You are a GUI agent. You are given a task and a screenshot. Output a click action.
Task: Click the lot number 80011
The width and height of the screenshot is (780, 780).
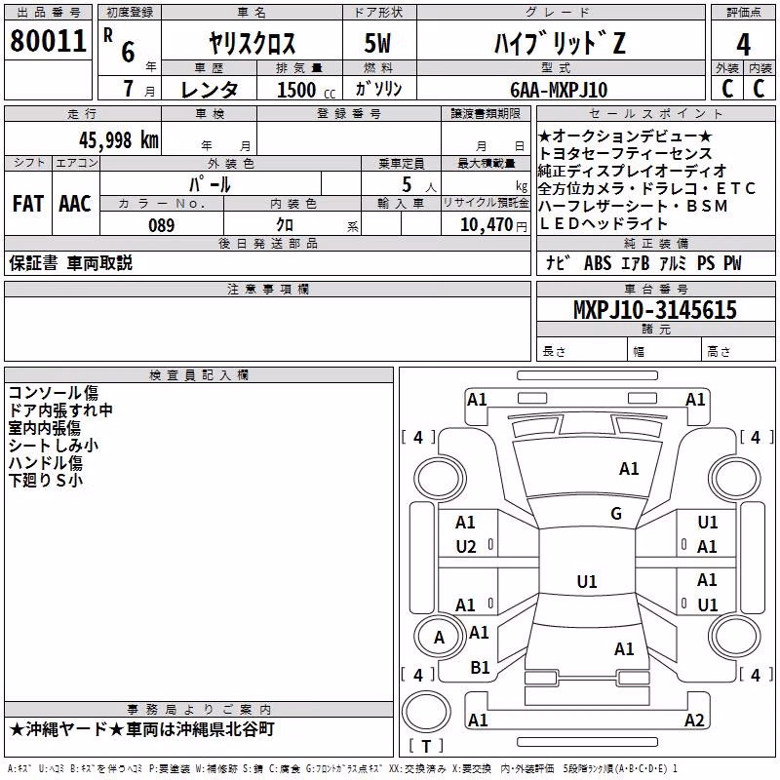(x=48, y=40)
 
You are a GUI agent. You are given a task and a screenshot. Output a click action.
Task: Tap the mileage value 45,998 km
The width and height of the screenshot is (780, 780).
(x=119, y=140)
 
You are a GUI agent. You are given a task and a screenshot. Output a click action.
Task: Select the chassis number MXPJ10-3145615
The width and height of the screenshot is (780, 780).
(x=654, y=309)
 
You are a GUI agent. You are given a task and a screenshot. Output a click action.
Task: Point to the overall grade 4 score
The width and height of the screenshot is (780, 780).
(x=743, y=44)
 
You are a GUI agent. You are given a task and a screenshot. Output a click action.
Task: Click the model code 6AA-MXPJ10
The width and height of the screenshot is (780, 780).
(x=559, y=90)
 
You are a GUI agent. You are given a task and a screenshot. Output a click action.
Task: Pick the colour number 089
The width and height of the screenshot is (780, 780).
(x=162, y=225)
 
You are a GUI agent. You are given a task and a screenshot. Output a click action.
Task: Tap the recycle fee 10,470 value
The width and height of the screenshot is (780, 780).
(x=486, y=224)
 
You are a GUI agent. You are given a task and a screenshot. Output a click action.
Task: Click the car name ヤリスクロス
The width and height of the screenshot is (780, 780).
(x=252, y=43)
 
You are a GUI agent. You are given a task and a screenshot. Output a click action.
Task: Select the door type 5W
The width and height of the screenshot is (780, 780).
(x=377, y=43)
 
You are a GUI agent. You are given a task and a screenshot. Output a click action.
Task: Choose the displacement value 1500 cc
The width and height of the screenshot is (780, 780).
(x=306, y=90)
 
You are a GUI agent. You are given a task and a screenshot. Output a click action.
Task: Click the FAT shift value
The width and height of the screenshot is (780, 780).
(x=28, y=204)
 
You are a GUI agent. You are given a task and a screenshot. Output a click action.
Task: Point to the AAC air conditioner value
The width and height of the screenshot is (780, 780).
(x=75, y=204)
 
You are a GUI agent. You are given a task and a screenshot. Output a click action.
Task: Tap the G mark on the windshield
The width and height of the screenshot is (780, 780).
(x=616, y=513)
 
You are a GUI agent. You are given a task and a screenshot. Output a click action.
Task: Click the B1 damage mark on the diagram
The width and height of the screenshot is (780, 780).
(x=480, y=668)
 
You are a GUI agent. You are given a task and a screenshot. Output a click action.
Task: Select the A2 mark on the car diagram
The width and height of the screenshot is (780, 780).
(x=694, y=720)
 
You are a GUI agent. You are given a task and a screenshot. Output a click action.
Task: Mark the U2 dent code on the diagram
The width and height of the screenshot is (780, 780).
(x=466, y=547)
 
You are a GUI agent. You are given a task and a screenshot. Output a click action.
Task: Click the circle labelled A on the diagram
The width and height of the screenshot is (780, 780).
(x=439, y=638)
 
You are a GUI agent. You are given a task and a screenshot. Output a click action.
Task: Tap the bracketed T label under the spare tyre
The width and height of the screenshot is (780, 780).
(x=426, y=746)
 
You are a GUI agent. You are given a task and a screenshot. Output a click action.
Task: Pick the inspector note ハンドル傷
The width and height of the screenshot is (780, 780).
(x=45, y=462)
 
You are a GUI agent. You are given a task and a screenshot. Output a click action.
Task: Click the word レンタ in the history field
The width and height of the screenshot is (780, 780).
(x=210, y=90)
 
